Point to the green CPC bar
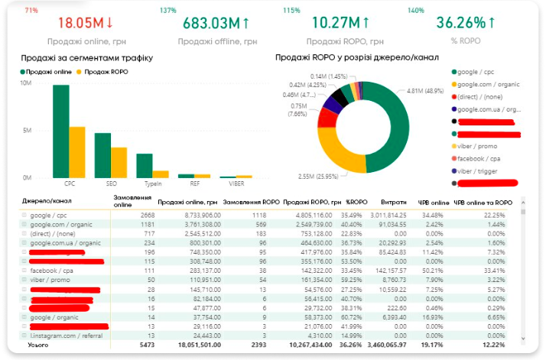click(x=60, y=131)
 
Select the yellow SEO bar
click(x=119, y=162)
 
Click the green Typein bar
click(x=145, y=165)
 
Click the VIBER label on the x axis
click(x=237, y=183)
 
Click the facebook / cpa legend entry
click(x=485, y=158)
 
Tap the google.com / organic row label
click(x=60, y=225)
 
